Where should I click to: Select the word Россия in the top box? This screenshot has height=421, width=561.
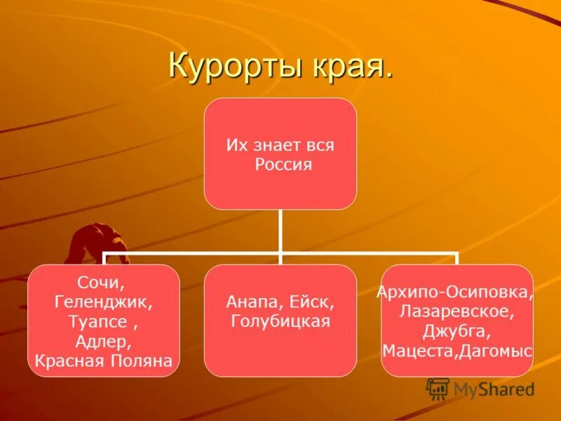click(x=283, y=165)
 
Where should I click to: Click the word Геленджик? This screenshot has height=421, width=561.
click(x=103, y=302)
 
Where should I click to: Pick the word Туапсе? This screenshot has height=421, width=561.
click(x=98, y=322)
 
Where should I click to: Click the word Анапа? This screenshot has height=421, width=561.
click(x=253, y=303)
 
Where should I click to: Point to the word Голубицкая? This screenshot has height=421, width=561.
click(x=280, y=322)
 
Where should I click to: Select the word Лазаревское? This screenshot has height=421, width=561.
click(x=456, y=310)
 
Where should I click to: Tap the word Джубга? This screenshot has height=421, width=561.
click(x=456, y=330)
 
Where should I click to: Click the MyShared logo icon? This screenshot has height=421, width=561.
click(x=438, y=389)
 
